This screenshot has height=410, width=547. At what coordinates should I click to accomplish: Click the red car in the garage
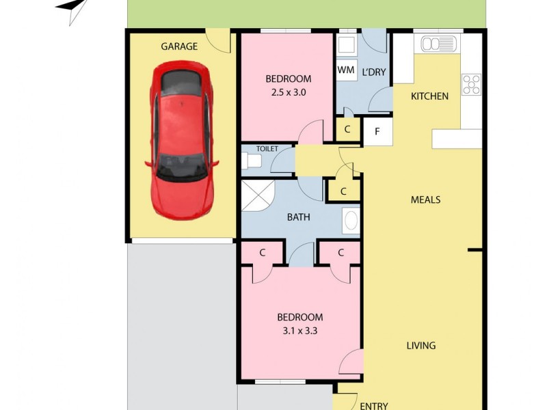pyautogui.click(x=181, y=139)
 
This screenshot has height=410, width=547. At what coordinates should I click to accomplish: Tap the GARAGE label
pyautogui.click(x=179, y=46)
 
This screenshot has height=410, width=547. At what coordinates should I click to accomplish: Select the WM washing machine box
pyautogui.click(x=346, y=70)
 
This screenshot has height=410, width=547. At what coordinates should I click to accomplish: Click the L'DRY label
pyautogui.click(x=374, y=72)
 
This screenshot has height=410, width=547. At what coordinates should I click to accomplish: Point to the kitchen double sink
pyautogui.click(x=439, y=44)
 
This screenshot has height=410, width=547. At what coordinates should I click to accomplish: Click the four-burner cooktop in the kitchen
pyautogui.click(x=472, y=84)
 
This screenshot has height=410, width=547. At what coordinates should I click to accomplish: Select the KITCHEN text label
pyautogui.click(x=429, y=96)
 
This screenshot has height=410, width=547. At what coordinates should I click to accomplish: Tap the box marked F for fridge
pyautogui.click(x=377, y=131)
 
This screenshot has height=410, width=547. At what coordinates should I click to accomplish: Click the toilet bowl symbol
pyautogui.click(x=250, y=161)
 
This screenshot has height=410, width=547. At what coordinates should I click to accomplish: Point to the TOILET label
pyautogui.click(x=267, y=148)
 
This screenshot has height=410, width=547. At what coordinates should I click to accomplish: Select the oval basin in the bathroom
pyautogui.click(x=350, y=221)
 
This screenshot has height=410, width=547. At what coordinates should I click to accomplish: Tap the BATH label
pyautogui.click(x=298, y=218)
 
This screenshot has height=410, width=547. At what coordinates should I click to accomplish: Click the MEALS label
pyautogui.click(x=425, y=200)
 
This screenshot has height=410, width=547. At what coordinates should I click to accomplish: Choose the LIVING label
pyautogui.click(x=421, y=346)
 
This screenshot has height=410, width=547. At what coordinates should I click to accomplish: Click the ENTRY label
pyautogui.click(x=374, y=405)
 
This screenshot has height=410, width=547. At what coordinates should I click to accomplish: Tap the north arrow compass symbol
pyautogui.click(x=74, y=9)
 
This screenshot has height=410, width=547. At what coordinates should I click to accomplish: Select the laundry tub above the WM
pyautogui.click(x=346, y=45)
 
